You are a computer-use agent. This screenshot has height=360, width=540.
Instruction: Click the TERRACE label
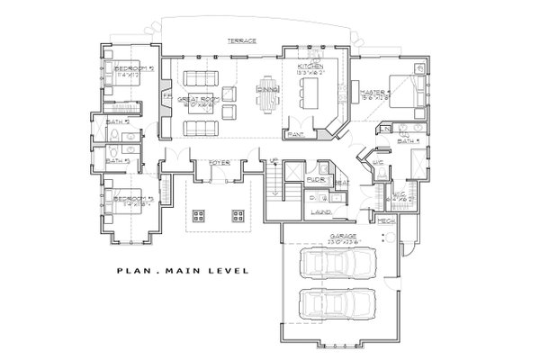point(240,41)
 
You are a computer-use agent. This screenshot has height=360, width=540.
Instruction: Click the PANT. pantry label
point(294,134)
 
